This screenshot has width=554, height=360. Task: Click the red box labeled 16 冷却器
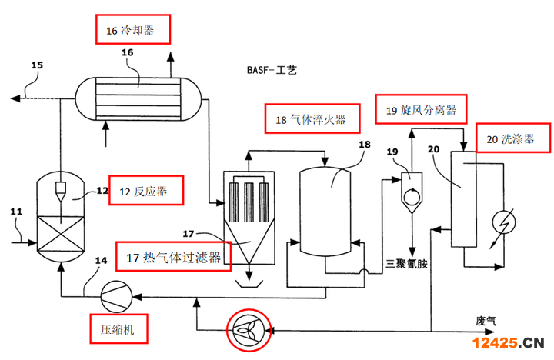point(133,30)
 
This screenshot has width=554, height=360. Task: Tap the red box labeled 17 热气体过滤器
point(174,257)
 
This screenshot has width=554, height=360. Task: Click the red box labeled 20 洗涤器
point(515,139)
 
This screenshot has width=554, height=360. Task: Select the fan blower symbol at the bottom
point(245,330)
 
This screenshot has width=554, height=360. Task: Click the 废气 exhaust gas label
point(486,319)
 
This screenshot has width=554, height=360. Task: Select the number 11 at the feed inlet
point(17,210)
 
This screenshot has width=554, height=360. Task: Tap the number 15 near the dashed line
point(37,66)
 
